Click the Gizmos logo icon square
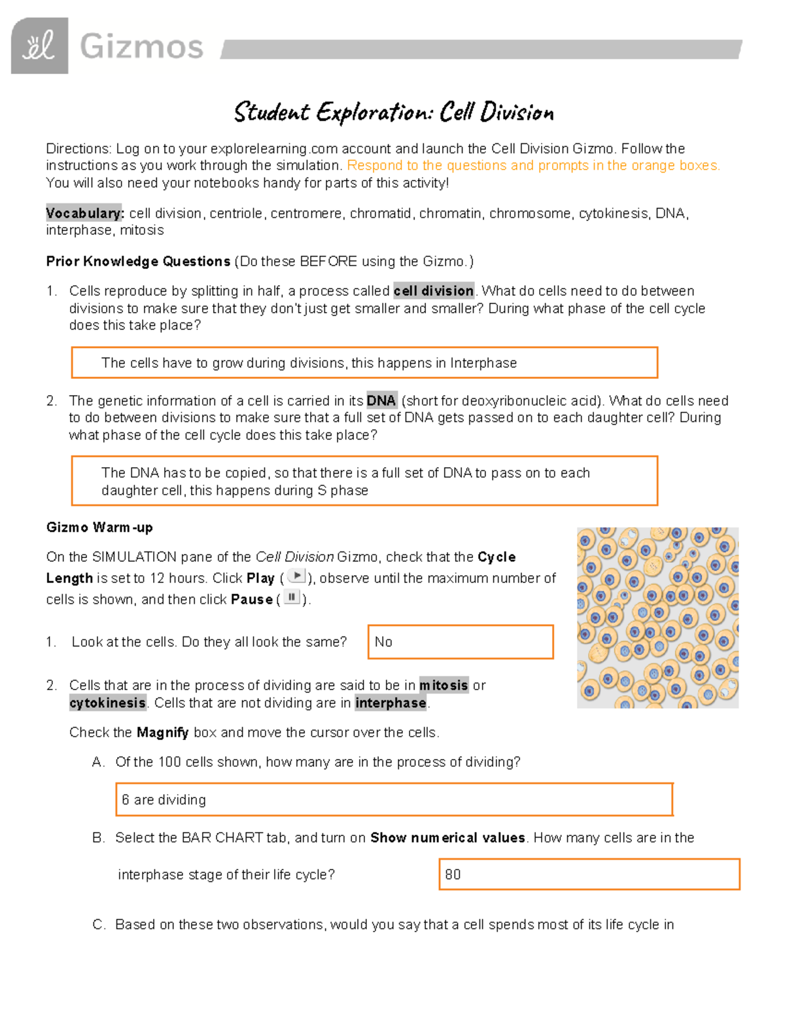(39, 46)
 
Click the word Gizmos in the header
(141, 47)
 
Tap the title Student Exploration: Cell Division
(394, 113)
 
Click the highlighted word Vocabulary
(84, 213)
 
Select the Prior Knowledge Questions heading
(138, 262)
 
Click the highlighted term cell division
(434, 291)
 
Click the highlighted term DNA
(381, 401)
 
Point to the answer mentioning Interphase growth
(364, 363)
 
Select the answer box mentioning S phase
(364, 482)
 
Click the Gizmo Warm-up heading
(99, 527)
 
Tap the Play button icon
(297, 576)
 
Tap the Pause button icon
(292, 597)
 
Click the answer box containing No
(461, 642)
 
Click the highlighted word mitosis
(444, 686)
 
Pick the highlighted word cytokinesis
(108, 703)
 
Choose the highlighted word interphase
(391, 703)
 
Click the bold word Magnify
(163, 733)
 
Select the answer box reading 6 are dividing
(394, 799)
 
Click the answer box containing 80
(589, 875)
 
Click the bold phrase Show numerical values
(447, 838)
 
